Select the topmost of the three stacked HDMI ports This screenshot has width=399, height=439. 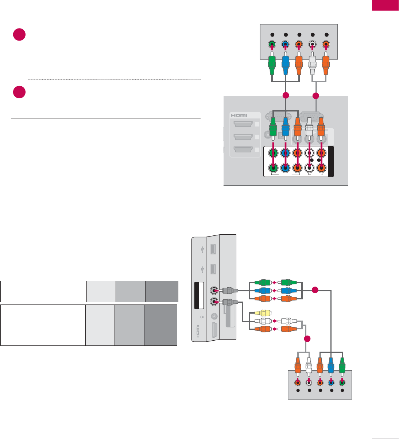coord(243,124)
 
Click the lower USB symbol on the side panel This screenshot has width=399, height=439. coord(202,270)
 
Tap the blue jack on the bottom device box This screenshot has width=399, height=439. coord(331,383)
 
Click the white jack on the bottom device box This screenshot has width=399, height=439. coord(309,383)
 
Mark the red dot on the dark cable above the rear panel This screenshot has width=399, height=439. coord(286,96)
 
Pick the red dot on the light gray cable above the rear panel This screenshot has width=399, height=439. coord(316,96)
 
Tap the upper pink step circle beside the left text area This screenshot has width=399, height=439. coord(19,34)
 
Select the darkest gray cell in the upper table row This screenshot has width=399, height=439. coord(162,291)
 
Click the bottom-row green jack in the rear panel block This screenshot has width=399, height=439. coord(272,168)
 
